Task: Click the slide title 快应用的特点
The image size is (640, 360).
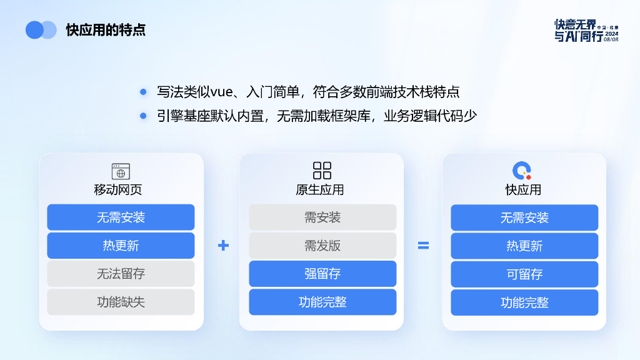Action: [106, 30]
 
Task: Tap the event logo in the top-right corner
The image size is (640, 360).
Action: [586, 30]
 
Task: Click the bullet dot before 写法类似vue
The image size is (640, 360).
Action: [143, 92]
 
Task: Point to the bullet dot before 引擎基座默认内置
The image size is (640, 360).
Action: [143, 116]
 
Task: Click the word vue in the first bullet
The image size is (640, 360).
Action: [222, 92]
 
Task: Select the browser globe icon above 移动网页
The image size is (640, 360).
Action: [121, 171]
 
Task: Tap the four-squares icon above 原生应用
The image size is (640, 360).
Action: [322, 170]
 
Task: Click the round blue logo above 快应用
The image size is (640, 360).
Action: [522, 170]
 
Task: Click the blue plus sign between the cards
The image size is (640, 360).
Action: [223, 246]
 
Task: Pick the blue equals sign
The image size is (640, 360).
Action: [423, 246]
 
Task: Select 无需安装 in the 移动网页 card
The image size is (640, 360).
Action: [121, 217]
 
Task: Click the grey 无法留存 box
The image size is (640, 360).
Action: [121, 274]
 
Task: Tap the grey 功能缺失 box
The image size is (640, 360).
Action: [121, 302]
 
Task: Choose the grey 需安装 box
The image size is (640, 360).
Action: [322, 217]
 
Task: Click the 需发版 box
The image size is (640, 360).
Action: [322, 246]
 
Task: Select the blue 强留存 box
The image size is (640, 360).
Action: [322, 274]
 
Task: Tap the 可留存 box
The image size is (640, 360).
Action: [524, 274]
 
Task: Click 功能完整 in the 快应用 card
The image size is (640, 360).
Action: [524, 302]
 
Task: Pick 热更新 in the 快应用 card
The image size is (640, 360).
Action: [524, 246]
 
